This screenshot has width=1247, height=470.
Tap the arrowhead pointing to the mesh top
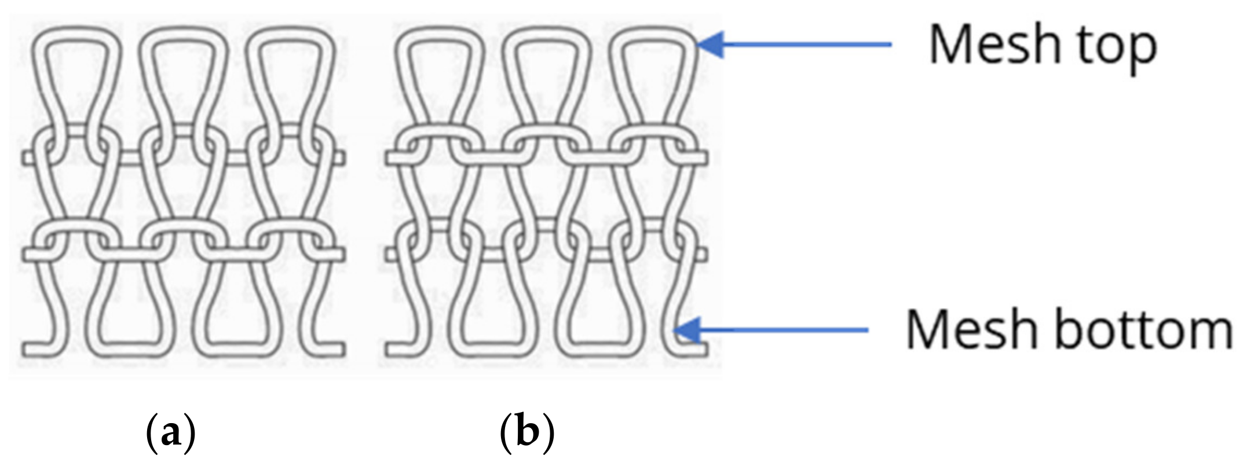click(x=711, y=44)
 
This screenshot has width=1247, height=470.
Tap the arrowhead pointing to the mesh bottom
click(x=688, y=331)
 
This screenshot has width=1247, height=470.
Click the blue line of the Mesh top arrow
click(x=811, y=44)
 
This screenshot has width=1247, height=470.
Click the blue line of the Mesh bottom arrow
click(x=788, y=331)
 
